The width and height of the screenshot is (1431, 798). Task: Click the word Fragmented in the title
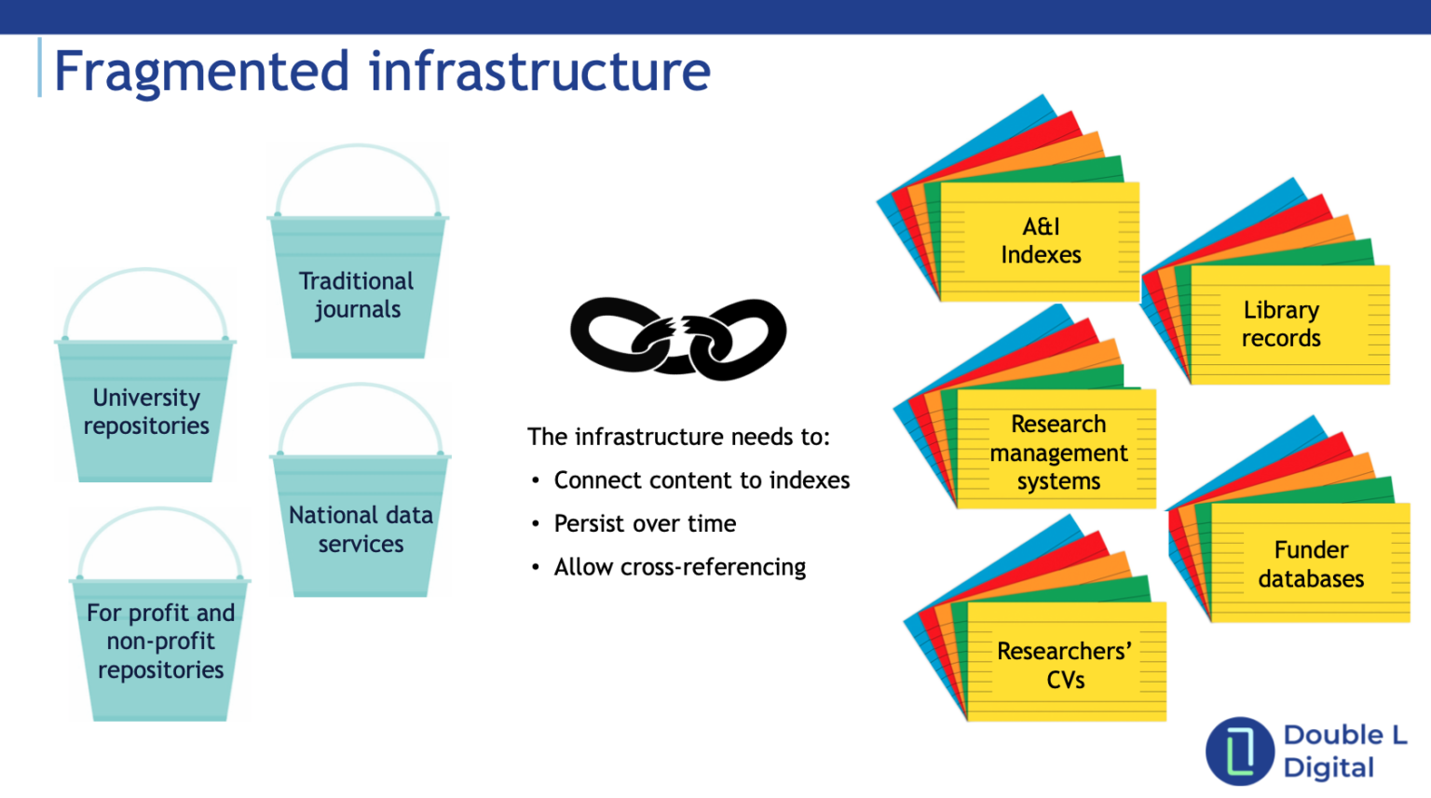tap(201, 72)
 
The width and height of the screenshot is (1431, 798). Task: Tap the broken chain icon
tap(678, 339)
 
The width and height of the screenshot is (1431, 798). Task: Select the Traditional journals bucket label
tap(357, 295)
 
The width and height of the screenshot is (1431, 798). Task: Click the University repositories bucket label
tap(146, 412)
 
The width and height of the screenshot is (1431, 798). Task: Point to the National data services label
tap(361, 529)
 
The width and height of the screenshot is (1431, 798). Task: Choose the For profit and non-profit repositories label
tap(160, 642)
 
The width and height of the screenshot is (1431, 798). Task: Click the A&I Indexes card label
tap(1041, 241)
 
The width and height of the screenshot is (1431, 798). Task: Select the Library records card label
tap(1281, 324)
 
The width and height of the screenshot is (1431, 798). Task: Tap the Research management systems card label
tap(1058, 453)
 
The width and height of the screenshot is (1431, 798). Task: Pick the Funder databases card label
tap(1311, 564)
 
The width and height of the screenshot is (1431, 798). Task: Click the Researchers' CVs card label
tap(1065, 665)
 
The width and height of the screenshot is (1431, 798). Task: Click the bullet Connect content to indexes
tap(702, 480)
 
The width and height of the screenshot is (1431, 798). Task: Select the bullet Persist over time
tap(645, 524)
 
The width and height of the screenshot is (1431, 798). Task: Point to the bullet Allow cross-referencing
tap(679, 567)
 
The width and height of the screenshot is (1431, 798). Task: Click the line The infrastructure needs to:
tap(678, 437)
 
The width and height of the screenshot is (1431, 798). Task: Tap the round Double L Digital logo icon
tap(1239, 751)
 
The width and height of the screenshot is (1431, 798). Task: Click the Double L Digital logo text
tap(1344, 751)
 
